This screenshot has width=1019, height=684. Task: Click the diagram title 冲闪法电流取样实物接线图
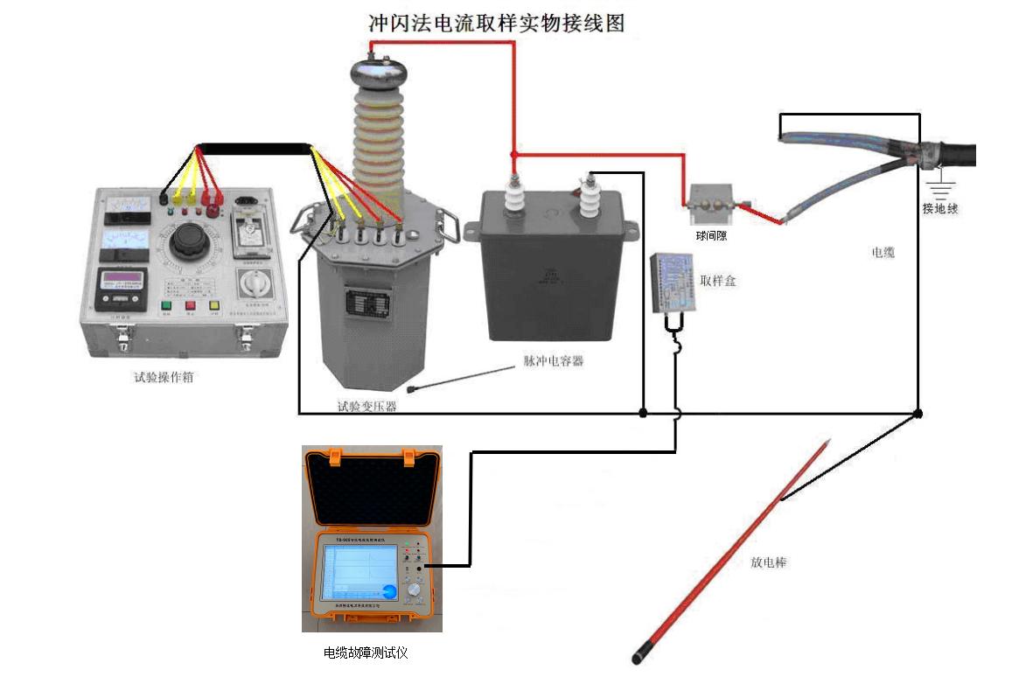pos(496,23)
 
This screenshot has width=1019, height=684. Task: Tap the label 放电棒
pos(769,562)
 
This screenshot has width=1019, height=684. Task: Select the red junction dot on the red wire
pos(514,155)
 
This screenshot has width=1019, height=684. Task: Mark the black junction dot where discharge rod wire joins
pos(918,413)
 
